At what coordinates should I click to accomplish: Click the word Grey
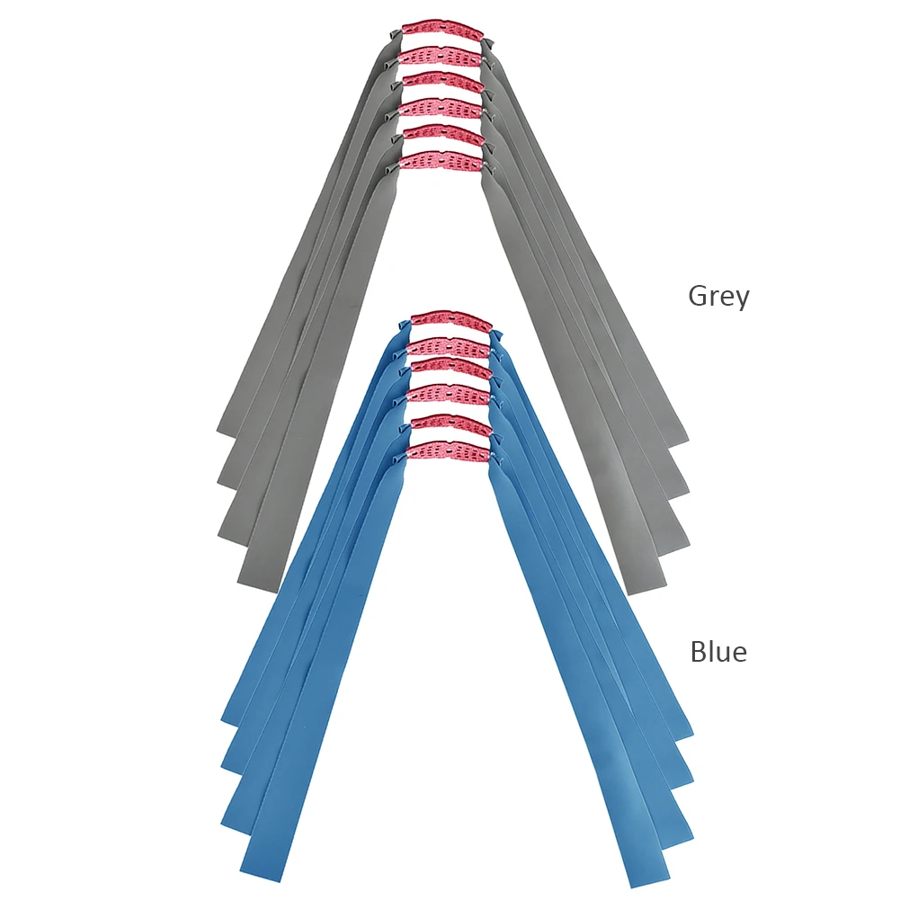tap(718, 296)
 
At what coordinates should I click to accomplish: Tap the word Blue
tap(718, 650)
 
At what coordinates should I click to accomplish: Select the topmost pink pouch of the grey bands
tap(441, 28)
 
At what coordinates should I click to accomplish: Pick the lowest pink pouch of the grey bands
tap(441, 162)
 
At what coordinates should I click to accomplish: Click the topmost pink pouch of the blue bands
tap(451, 321)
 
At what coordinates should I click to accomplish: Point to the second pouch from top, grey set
tap(441, 56)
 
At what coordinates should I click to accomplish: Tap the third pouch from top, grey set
tap(441, 82)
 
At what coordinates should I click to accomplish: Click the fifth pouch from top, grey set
tap(441, 135)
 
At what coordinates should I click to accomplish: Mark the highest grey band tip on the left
tap(228, 430)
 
